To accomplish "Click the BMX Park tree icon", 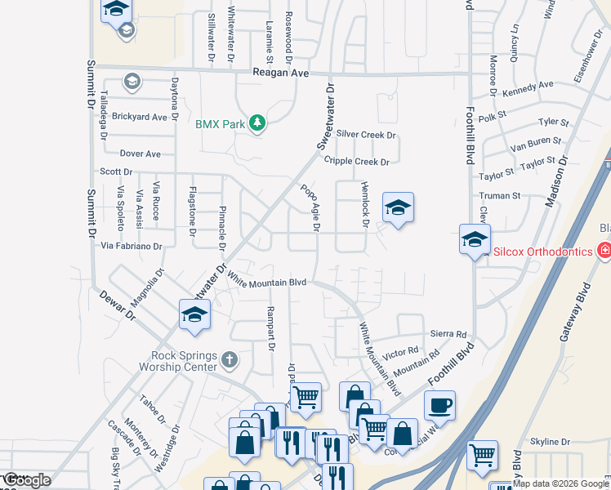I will pyautogui.click(x=258, y=124).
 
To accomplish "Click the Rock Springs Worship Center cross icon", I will pyautogui.click(x=230, y=359).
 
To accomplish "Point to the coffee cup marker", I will pyautogui.click(x=439, y=405).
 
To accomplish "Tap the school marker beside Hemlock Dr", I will pyautogui.click(x=398, y=208).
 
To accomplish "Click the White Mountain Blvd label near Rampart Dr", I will pyautogui.click(x=266, y=282).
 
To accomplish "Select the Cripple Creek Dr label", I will pyautogui.click(x=356, y=162).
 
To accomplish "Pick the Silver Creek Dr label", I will pyautogui.click(x=366, y=134).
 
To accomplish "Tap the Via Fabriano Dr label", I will pyautogui.click(x=131, y=245).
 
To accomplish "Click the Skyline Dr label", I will pyautogui.click(x=549, y=442).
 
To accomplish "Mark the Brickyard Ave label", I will pyautogui.click(x=139, y=117).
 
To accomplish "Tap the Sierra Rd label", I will pyautogui.click(x=448, y=335).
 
